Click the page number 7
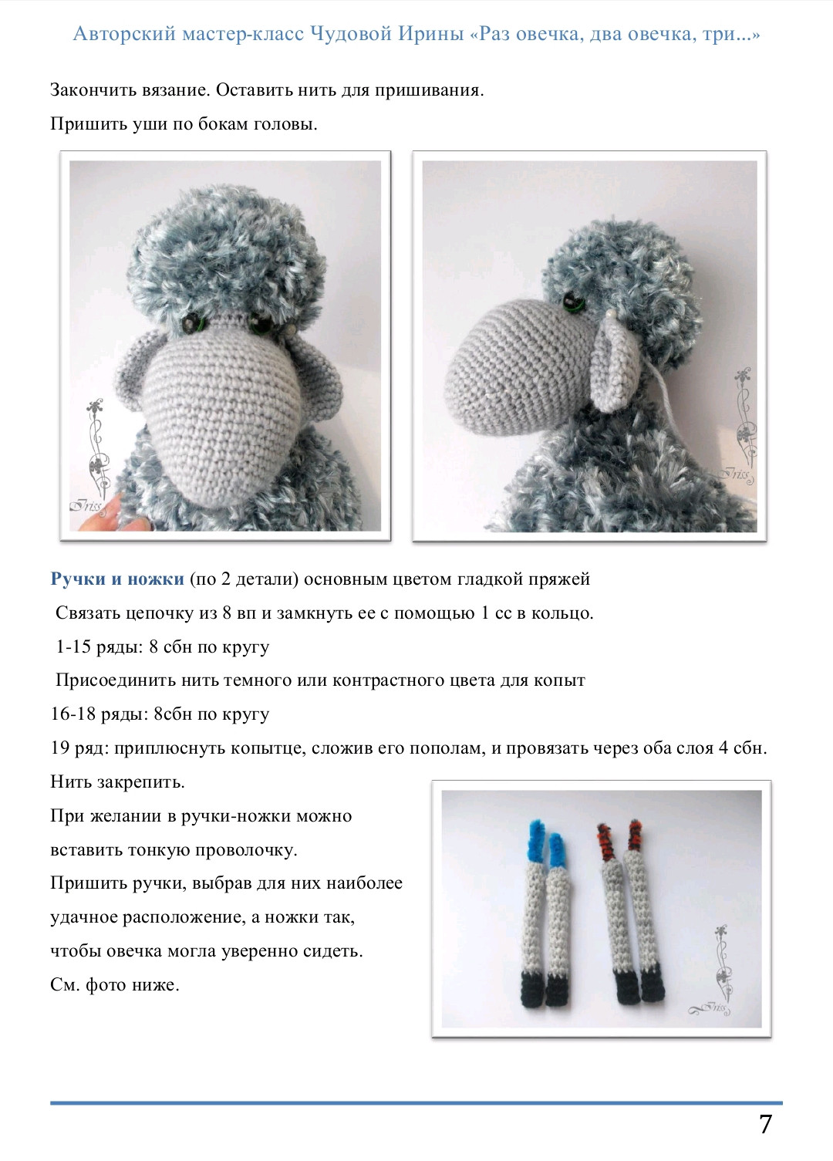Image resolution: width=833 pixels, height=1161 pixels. pyautogui.click(x=765, y=1124)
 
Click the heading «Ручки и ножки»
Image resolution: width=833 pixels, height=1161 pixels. pyautogui.click(x=117, y=579)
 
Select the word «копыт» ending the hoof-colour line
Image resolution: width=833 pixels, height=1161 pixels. pyautogui.click(x=562, y=680)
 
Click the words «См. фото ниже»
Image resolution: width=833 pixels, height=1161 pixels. pyautogui.click(x=114, y=985)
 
